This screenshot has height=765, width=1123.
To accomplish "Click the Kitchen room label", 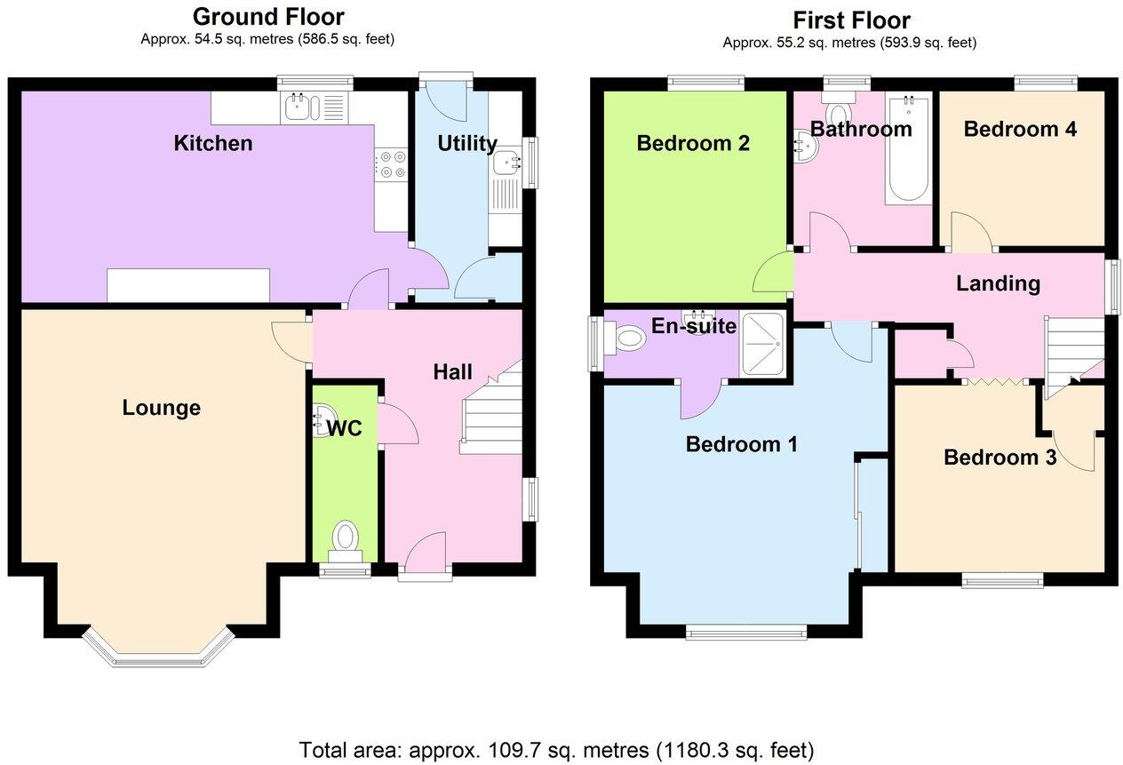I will click(212, 143).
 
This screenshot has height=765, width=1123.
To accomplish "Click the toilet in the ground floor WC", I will click(346, 538).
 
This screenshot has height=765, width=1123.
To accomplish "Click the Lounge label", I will click(161, 408).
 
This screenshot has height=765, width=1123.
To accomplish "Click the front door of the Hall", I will click(425, 555).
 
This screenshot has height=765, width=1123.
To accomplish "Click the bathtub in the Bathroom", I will click(908, 148).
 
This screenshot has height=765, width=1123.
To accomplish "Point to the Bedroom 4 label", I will click(1020, 129).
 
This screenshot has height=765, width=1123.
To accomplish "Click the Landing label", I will click(998, 283).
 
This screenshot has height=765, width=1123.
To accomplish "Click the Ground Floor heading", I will click(267, 16).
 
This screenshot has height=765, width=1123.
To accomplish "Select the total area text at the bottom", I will click(556, 748).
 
